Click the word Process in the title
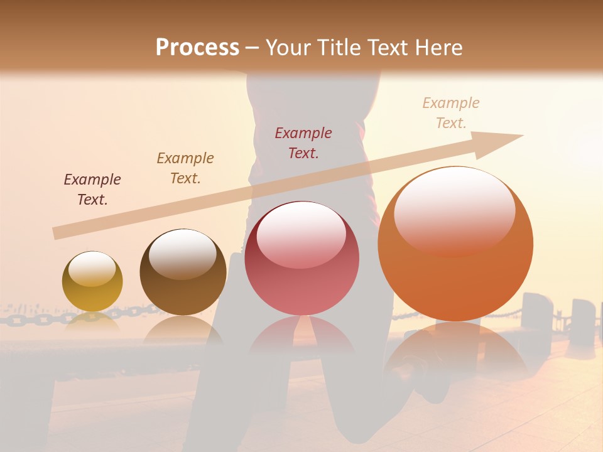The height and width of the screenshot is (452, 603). (x=197, y=48)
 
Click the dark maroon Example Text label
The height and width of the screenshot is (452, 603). (x=92, y=190)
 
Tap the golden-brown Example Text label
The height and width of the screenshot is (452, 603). (x=185, y=168)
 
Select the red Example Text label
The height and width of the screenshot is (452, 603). (x=303, y=143)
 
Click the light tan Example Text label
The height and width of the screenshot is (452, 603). (x=451, y=113)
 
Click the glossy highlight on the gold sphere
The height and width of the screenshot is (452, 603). (x=92, y=269)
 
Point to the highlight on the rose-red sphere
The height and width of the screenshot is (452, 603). (x=301, y=234)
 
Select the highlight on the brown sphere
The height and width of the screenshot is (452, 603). (x=182, y=252)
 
